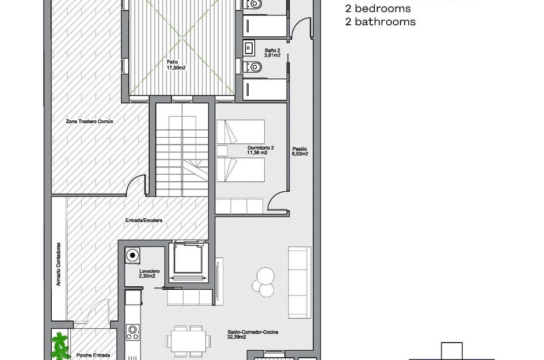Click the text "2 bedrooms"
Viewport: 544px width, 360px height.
378,9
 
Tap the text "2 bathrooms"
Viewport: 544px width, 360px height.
380,22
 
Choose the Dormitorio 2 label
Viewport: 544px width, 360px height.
260,150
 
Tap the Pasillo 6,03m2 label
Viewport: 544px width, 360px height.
299,151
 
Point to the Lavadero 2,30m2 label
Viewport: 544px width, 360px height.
149,274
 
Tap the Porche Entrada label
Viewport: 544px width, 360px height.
93,355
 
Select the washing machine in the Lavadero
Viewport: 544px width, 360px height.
134,255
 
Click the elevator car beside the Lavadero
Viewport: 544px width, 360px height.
188,259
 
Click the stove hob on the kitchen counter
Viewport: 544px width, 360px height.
133,332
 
